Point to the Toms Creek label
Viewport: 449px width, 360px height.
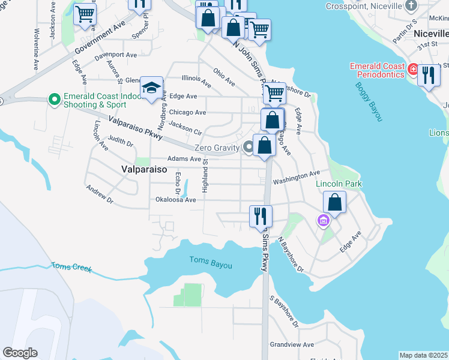[71, 266]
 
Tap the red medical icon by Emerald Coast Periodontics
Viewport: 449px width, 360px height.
[412, 70]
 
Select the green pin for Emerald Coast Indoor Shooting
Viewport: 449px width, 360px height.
[55, 99]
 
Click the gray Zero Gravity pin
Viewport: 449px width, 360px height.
[248, 148]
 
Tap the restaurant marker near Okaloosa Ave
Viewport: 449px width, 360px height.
[261, 216]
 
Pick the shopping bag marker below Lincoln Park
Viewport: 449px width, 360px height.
[335, 202]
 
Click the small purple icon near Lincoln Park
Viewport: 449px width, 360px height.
[324, 221]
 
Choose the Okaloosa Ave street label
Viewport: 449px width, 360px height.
[176, 200]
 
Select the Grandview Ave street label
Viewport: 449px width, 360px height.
[292, 345]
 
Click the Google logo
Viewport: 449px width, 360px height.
[20, 353]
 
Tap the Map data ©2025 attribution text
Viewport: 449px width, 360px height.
[423, 355]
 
